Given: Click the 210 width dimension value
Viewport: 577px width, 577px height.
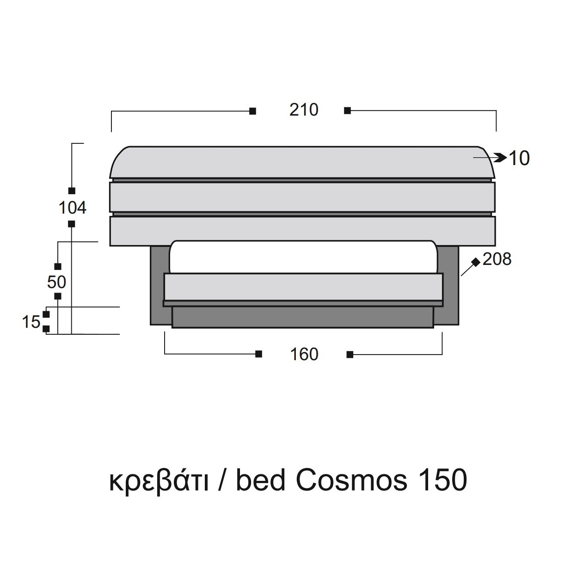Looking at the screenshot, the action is tap(304, 110).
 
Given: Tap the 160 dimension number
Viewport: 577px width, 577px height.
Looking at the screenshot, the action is tap(304, 355).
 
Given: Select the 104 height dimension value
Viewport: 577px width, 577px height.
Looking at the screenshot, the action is tap(73, 208).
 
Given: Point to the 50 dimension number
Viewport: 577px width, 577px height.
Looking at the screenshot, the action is tap(56, 282).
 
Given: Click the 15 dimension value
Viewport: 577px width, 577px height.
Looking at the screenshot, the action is tap(31, 322).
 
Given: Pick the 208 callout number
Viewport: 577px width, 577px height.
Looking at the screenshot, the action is tap(497, 259).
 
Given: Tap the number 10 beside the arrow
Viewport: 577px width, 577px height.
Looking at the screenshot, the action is tap(519, 158).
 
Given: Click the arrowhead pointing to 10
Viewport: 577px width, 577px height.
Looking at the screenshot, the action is tap(501, 158).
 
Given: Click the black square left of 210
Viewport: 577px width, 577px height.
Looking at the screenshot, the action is tap(253, 111).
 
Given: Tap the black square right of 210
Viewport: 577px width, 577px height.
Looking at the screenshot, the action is tap(347, 111).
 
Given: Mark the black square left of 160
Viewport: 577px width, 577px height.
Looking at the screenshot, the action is tap(259, 354).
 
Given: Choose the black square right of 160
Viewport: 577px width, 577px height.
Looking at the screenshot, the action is tap(350, 355).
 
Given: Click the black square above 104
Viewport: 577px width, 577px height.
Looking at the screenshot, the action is tap(72, 191).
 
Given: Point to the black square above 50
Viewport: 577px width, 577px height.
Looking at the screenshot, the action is tap(58, 266).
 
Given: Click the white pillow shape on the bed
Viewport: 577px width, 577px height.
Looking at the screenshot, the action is tap(303, 257).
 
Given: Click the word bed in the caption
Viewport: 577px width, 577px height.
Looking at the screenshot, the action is tap(260, 480).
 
